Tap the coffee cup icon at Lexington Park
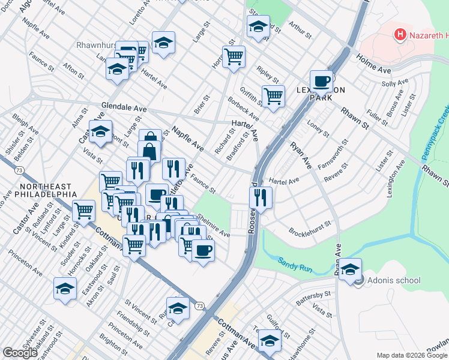(321, 80)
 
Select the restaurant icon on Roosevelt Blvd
(261, 197)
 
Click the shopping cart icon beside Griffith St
(273, 95)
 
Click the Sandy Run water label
(295, 262)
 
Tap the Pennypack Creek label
(435, 131)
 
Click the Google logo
(20, 353)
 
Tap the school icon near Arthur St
(258, 27)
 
